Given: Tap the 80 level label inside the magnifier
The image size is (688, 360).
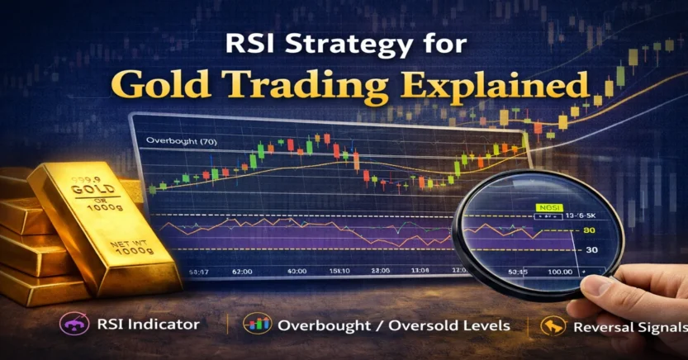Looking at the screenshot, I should [589, 231].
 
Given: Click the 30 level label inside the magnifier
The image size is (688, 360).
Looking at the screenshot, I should [591, 250].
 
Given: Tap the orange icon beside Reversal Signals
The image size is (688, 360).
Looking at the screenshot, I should [548, 324].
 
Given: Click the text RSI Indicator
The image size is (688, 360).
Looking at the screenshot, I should [160, 324].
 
